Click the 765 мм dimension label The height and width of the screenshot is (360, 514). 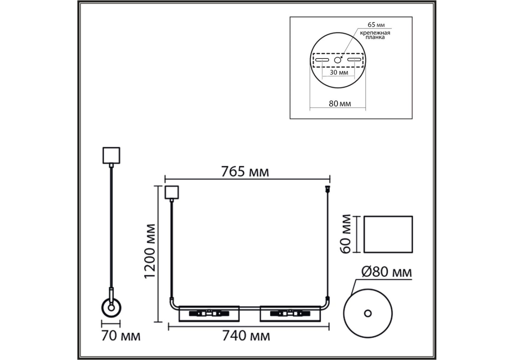245,172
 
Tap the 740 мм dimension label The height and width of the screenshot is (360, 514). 246,336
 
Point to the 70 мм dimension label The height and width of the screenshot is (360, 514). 121,336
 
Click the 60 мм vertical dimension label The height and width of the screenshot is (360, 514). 346,234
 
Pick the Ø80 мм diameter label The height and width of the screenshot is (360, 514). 387,272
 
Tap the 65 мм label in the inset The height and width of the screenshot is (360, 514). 376,25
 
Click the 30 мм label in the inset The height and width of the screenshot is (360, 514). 339,72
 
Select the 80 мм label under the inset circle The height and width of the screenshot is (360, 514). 340,103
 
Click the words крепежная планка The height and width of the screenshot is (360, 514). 375,35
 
